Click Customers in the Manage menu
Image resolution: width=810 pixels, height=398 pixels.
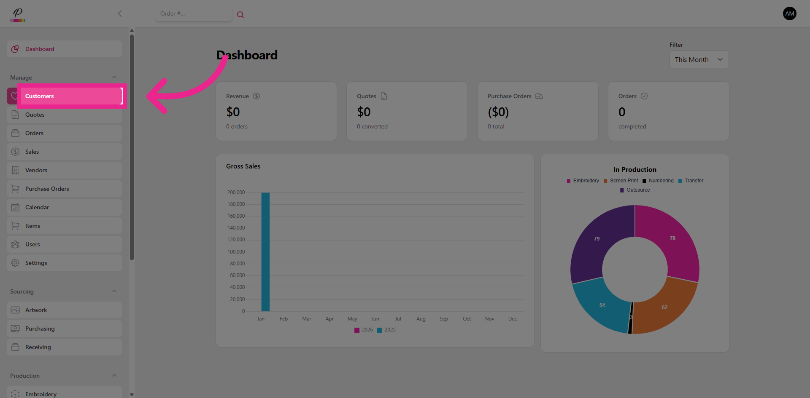click(39, 96)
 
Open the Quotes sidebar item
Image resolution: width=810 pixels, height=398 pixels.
click(35, 115)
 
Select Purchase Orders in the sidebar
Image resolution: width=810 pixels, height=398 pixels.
click(47, 189)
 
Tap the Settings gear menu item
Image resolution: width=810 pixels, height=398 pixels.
click(36, 263)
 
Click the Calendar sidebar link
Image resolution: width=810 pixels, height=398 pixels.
click(37, 207)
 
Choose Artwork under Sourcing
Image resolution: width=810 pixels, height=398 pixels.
click(36, 310)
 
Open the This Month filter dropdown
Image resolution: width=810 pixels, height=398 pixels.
click(699, 59)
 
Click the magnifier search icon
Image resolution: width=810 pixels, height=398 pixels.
click(240, 15)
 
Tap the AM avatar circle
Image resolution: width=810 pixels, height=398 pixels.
click(789, 13)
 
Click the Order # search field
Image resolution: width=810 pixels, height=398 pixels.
click(193, 14)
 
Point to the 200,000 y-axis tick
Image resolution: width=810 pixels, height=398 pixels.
click(236, 192)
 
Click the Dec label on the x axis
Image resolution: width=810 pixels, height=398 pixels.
click(512, 319)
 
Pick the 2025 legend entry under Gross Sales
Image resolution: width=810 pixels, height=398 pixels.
click(386, 330)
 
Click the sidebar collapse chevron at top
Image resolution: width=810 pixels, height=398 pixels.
click(120, 13)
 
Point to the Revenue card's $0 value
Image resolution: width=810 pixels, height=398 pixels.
click(233, 112)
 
